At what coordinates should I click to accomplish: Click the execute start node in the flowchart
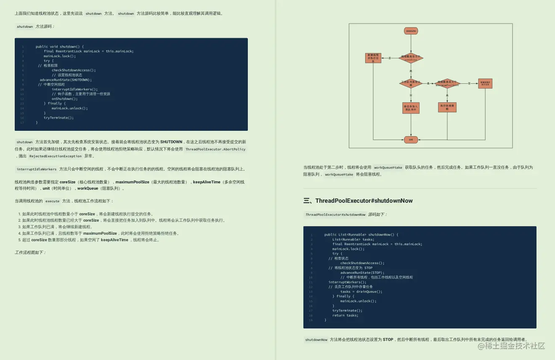411,31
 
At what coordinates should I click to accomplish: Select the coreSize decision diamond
411,58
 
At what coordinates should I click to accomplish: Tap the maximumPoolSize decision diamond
447,83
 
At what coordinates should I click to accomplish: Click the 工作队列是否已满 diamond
411,83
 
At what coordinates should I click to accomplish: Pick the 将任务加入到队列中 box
411,108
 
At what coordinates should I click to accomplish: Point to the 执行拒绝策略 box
447,107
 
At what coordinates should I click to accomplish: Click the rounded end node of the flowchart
411,140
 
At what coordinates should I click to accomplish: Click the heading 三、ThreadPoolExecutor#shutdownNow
358,201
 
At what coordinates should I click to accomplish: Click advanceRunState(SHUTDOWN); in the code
66,79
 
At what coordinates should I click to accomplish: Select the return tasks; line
345,315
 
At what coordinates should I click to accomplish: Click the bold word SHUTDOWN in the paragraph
171,142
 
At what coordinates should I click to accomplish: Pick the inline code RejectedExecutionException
56,156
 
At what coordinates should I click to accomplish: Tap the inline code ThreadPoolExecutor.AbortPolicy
215,149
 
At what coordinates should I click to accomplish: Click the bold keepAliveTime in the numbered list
114,240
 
